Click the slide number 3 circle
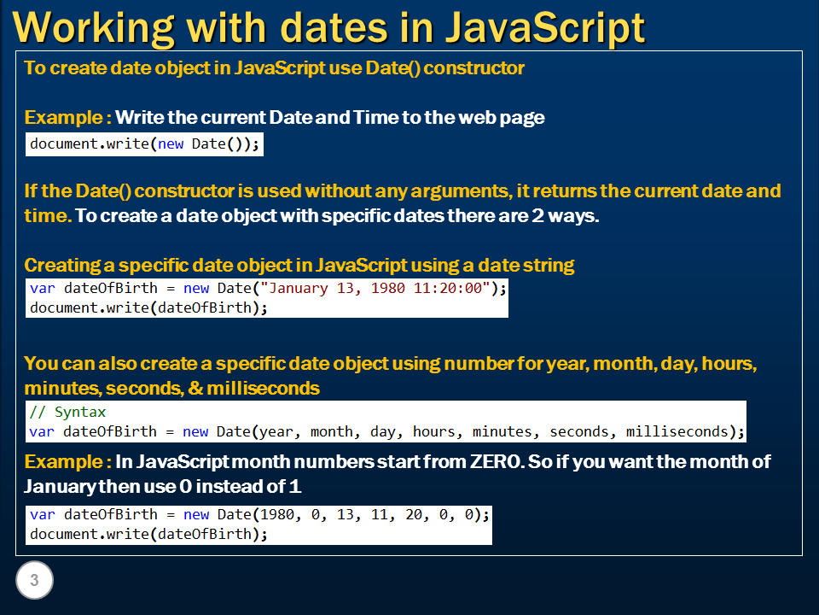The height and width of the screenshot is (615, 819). (34, 580)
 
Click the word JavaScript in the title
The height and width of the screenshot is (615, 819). (545, 28)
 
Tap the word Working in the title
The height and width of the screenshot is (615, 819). (93, 28)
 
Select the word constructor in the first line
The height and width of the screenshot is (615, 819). (473, 68)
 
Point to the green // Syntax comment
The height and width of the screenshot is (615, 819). (67, 412)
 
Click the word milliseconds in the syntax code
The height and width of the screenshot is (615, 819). (677, 431)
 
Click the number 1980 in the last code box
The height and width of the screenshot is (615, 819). (276, 514)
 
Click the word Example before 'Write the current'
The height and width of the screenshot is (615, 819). (64, 118)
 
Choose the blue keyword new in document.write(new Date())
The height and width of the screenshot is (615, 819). (171, 143)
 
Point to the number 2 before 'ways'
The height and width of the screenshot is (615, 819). (537, 216)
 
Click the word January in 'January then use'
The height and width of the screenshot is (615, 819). (60, 487)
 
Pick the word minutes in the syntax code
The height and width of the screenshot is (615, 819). (502, 431)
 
